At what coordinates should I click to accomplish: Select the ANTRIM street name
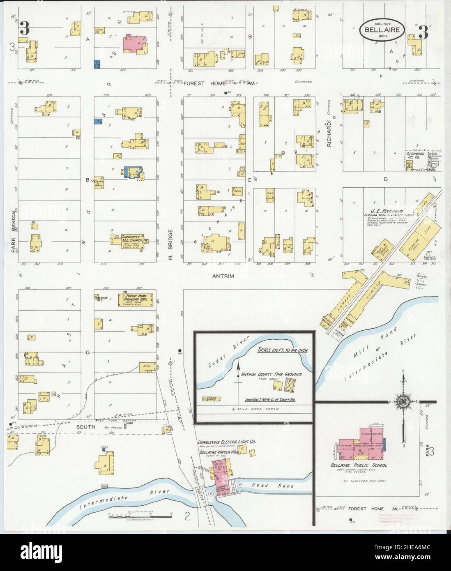[x=223, y=276]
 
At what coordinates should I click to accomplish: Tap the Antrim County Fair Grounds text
[x=272, y=374]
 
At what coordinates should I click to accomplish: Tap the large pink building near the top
[x=135, y=44]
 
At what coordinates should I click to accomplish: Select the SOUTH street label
[x=85, y=427]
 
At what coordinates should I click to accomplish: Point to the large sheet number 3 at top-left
[x=25, y=29]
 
